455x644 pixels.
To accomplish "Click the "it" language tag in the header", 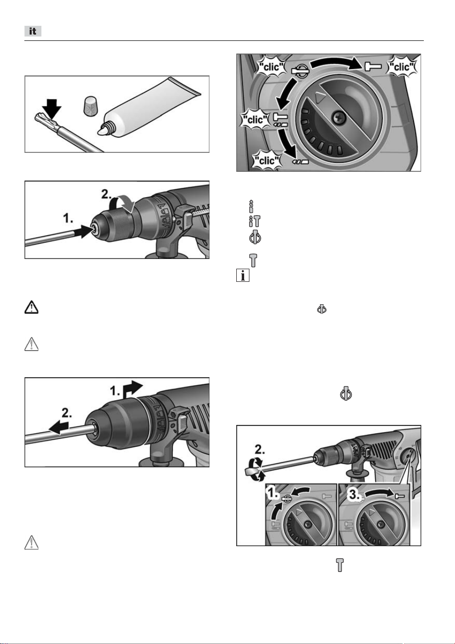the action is [33, 31].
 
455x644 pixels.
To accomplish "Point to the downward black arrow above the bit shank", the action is [52, 109].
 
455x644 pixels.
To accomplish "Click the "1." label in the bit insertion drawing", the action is [68, 219].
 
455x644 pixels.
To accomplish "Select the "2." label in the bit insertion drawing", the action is [106, 195].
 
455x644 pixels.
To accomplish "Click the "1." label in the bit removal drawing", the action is [115, 391].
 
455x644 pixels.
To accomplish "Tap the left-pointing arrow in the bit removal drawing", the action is [59, 428].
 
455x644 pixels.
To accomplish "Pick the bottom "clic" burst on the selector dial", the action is [266, 161].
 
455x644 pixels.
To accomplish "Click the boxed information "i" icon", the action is [243, 275].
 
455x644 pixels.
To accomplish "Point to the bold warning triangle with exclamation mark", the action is [31, 307].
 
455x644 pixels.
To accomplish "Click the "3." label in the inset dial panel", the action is [354, 495].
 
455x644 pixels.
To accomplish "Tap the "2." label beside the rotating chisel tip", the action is [260, 449].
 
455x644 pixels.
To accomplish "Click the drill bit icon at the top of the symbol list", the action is [251, 206].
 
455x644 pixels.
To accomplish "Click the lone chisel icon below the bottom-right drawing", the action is [340, 565].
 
